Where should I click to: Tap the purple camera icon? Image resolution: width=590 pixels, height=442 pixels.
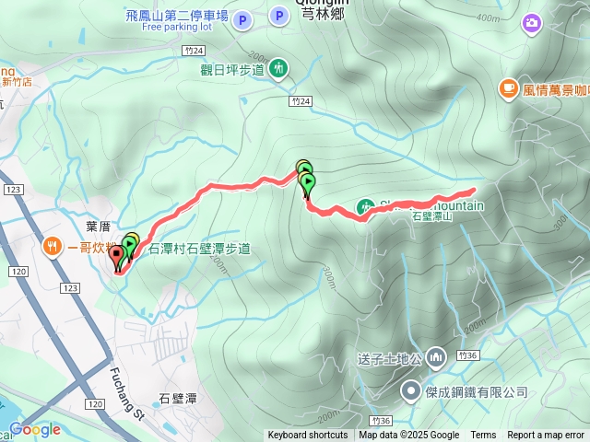(531, 22)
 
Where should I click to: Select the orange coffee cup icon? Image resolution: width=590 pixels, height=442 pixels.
(508, 88)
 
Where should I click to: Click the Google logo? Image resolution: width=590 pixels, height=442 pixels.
(35, 429)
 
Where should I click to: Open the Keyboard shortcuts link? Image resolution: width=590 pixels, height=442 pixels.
(308, 436)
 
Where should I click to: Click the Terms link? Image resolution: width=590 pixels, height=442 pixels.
(483, 436)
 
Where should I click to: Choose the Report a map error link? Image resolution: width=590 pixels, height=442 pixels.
(547, 436)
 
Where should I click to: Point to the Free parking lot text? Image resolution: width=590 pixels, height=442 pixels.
(177, 27)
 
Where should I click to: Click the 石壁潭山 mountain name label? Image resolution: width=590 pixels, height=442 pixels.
(434, 216)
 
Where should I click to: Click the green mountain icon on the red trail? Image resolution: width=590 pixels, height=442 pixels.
(365, 206)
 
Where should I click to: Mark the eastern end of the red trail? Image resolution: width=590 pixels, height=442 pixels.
(474, 191)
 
